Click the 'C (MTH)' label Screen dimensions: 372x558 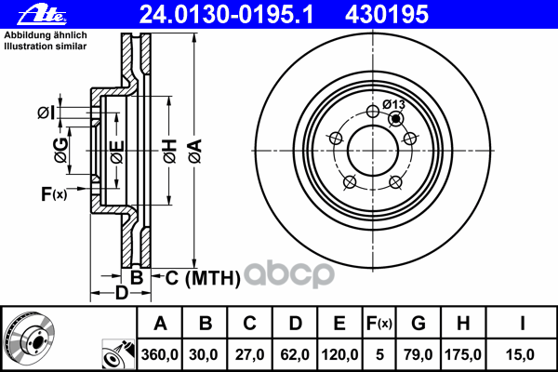(203, 276)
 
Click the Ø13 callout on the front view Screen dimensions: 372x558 (392, 104)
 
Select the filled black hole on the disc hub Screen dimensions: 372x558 (397, 118)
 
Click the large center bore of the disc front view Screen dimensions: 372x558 (371, 149)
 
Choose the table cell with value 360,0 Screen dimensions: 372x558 (160, 354)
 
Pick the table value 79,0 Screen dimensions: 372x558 (418, 354)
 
